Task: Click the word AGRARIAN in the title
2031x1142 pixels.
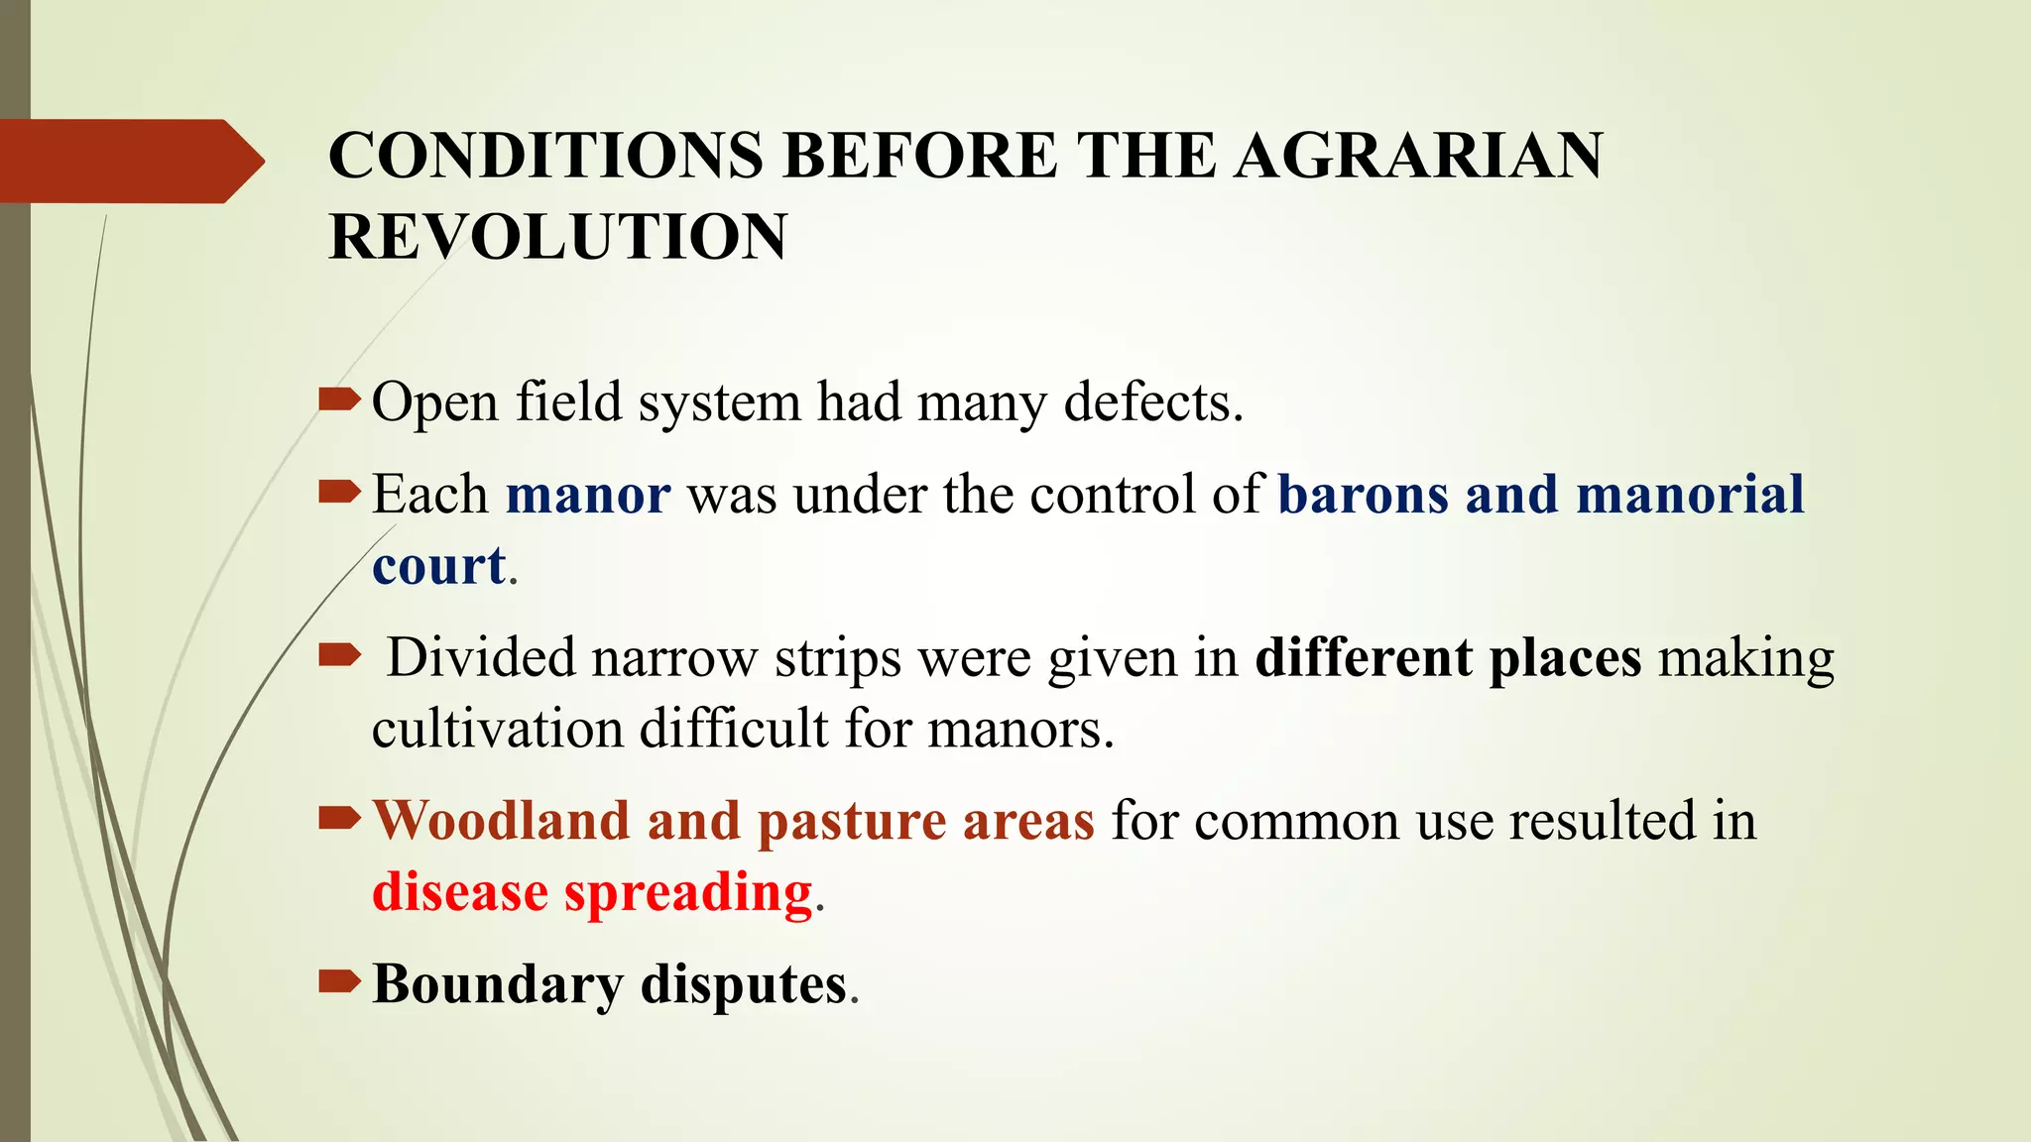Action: (1418, 156)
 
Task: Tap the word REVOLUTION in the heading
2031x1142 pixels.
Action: (557, 237)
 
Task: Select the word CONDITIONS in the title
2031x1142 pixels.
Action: (545, 156)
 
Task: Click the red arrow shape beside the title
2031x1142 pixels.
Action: (129, 161)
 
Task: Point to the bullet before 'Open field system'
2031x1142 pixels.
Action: (339, 400)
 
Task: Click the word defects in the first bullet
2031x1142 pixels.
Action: (1152, 402)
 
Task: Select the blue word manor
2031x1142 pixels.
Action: (588, 494)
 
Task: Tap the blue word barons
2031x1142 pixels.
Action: (1363, 494)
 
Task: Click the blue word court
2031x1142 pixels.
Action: (438, 565)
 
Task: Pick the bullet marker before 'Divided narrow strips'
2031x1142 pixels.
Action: (339, 654)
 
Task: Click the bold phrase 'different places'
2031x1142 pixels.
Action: (1448, 657)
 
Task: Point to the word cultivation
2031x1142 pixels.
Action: (498, 729)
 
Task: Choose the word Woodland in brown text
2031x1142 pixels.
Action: (501, 821)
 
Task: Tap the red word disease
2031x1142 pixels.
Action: (459, 891)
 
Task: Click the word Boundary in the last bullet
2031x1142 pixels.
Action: (498, 985)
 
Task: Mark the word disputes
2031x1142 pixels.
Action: (744, 985)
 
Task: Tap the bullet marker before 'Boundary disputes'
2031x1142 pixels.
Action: (339, 981)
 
